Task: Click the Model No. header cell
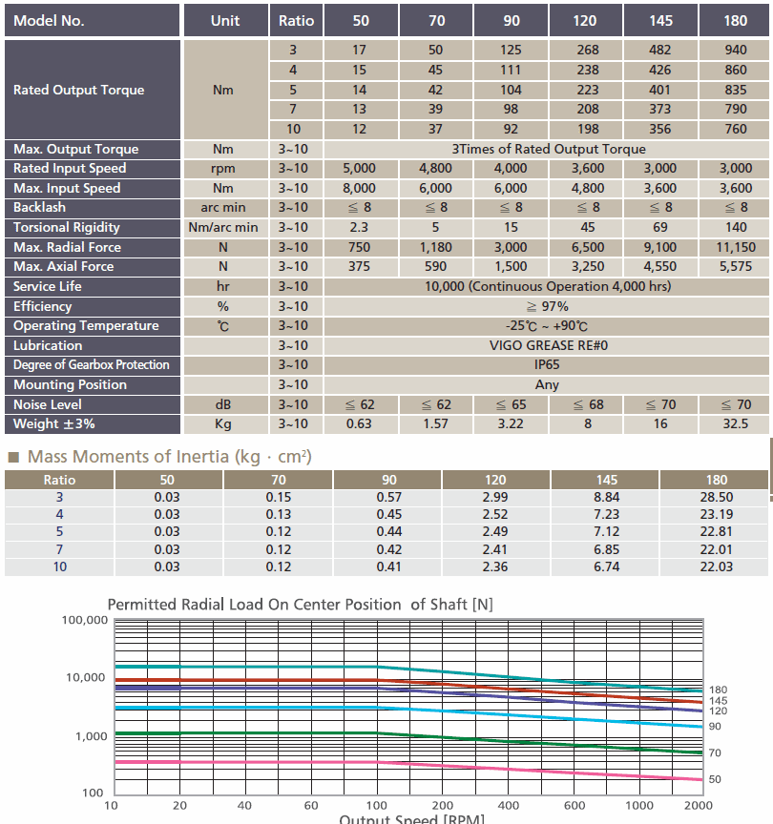coord(92,20)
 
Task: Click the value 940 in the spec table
coord(735,50)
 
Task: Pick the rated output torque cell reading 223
coord(587,90)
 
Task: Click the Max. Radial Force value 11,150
coord(735,247)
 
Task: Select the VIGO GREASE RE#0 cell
coord(547,345)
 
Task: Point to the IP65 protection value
coord(547,364)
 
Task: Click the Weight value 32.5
coord(735,423)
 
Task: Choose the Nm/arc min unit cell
coord(223,228)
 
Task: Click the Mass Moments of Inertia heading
coord(169,457)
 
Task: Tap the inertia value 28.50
coord(716,497)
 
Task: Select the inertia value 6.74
coord(606,567)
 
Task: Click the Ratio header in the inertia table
coord(59,480)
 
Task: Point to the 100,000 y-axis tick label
coord(85,620)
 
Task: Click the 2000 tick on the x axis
coord(698,806)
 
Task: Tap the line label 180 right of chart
coord(718,690)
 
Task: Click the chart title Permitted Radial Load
coord(300,605)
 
